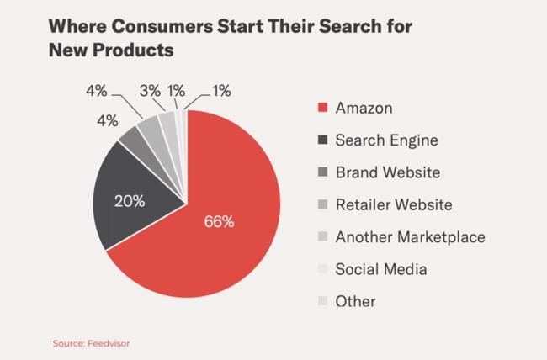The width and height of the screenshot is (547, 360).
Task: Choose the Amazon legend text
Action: [363, 109]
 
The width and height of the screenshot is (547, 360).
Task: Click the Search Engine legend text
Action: [386, 140]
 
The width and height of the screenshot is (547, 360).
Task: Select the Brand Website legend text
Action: [386, 172]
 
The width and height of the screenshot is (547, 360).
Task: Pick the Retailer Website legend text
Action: [394, 204]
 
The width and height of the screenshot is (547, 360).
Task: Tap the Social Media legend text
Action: [381, 269]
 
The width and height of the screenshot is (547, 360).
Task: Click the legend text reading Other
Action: [355, 301]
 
